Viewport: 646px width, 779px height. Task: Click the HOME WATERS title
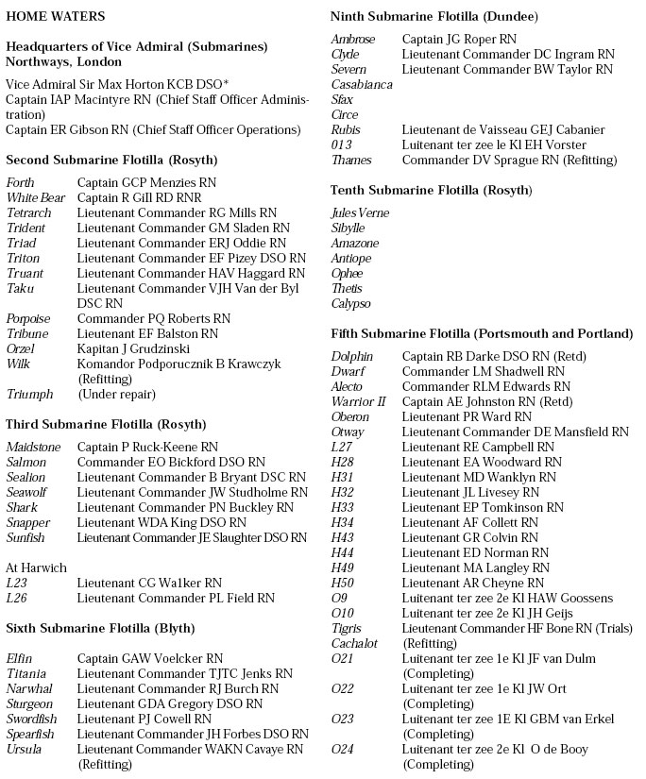point(56,16)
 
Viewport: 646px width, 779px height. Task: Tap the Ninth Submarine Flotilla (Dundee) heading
point(435,16)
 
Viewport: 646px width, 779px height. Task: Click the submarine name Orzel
point(22,348)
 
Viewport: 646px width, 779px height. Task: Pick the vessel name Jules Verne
point(360,213)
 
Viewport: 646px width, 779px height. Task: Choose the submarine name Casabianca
point(362,84)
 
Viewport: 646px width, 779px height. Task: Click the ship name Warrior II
point(358,401)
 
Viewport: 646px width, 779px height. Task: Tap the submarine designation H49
point(342,567)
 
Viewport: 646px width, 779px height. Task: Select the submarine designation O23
point(343,719)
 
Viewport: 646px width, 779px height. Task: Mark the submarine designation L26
point(18,598)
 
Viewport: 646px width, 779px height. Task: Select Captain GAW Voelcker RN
point(150,658)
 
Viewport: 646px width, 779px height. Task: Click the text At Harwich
point(37,567)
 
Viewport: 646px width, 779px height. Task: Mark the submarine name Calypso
point(351,304)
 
